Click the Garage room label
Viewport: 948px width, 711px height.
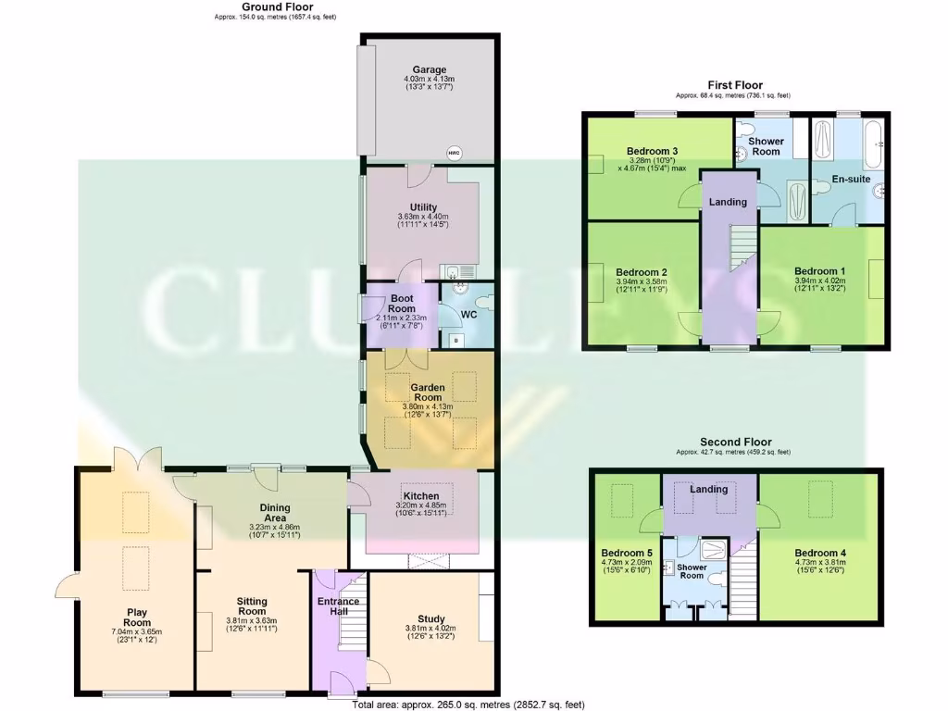point(429,69)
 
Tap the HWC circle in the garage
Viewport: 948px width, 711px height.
point(454,153)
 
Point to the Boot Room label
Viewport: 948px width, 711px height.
point(402,304)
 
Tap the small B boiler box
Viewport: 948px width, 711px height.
point(455,340)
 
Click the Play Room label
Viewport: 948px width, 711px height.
point(137,617)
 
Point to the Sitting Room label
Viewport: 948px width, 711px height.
point(252,606)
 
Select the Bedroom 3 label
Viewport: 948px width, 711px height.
point(652,152)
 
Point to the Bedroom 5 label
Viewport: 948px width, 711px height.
point(627,552)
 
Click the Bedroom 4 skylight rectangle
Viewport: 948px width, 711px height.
point(820,501)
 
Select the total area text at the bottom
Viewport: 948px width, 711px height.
point(468,705)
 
